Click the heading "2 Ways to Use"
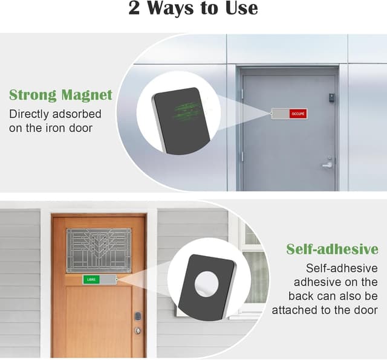coord(193,8)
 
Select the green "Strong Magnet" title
coord(60,95)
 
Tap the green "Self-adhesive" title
coord(332,249)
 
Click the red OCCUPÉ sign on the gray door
coord(298,114)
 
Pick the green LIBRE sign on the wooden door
coord(91,280)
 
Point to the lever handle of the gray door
coord(327,166)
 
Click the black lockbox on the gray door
coord(331,97)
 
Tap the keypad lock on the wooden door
coord(138,316)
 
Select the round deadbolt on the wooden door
coord(138,330)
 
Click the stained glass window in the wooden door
coord(99,250)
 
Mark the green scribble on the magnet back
coord(187,111)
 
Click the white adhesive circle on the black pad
coord(206,284)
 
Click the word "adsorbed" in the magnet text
coord(77,114)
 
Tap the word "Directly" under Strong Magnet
coord(29,114)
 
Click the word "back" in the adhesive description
coord(301,296)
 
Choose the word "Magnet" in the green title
coord(87,95)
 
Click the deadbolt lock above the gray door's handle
coord(330,157)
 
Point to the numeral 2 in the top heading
coord(134,8)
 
